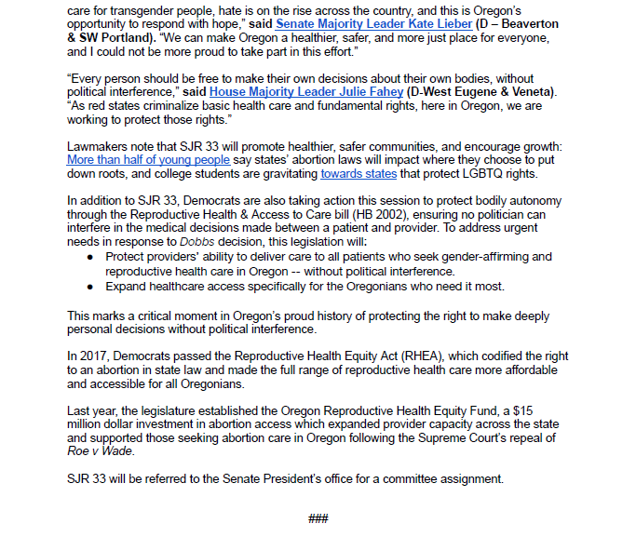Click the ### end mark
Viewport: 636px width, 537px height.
(318, 518)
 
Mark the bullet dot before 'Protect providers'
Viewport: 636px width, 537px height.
(89, 256)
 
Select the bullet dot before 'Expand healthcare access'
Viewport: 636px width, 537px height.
(89, 286)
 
